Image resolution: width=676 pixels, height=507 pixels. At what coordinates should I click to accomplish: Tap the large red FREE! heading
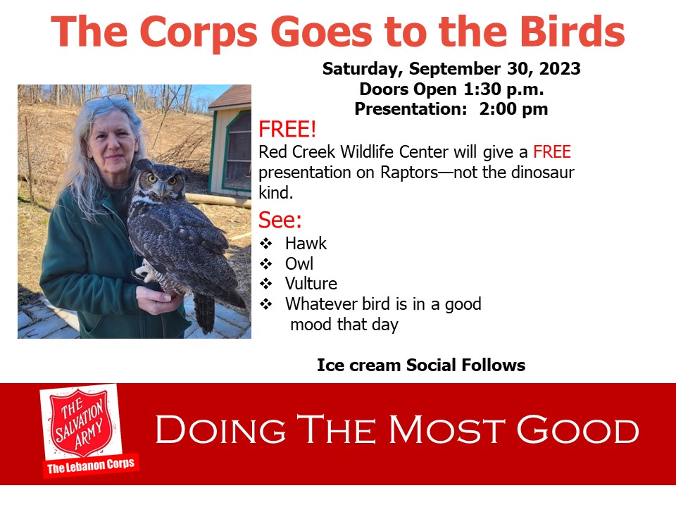[x=287, y=130]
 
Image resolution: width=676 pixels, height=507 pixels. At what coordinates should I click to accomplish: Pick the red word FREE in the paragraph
[x=552, y=151]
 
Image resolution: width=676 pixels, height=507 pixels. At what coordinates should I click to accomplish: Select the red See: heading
[x=280, y=220]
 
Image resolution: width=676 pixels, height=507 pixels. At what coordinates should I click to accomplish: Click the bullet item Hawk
[x=306, y=244]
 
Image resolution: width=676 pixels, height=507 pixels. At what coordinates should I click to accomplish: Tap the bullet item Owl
[x=299, y=264]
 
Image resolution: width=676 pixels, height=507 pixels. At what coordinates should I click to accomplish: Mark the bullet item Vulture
[x=311, y=284]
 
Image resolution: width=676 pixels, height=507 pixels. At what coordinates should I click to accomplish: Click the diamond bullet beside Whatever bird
[x=265, y=304]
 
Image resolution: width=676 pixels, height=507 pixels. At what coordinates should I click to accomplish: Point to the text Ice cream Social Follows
[x=420, y=365]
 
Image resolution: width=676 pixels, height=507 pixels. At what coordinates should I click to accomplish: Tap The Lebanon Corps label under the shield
[x=90, y=467]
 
